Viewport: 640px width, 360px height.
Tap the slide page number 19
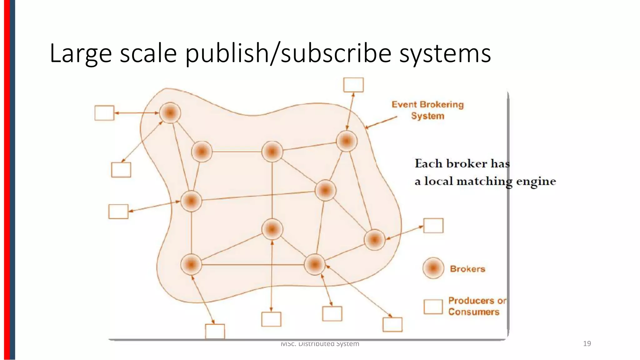587,344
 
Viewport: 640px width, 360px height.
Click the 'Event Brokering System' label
427,110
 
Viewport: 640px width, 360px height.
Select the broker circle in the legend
433,268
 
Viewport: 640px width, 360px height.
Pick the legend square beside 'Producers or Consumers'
433,307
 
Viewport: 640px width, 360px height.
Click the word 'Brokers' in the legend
467,269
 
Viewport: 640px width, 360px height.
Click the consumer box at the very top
353,85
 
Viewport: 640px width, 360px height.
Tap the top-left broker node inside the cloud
170,112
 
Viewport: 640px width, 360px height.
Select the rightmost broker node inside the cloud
374,240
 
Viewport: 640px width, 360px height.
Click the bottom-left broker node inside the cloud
191,264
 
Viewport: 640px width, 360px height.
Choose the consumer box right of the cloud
433,225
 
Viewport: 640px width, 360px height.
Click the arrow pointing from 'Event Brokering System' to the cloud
381,122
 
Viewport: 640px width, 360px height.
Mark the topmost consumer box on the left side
104,113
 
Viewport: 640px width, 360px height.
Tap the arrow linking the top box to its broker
350,111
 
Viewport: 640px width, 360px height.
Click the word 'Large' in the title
80,53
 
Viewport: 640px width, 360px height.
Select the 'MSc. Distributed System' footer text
320,344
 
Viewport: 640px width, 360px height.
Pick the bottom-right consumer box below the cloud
392,324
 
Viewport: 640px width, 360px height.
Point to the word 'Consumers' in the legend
474,312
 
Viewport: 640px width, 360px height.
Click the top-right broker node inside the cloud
347,141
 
